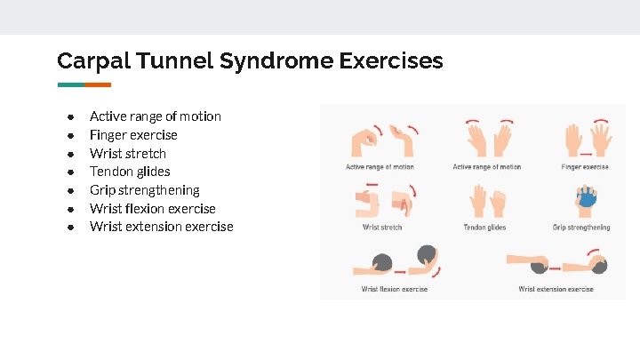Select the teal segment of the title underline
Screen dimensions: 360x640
tap(70, 85)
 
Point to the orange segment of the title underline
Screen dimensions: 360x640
tap(98, 85)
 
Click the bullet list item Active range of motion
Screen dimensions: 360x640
tap(155, 116)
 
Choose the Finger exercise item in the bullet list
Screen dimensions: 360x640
tap(133, 135)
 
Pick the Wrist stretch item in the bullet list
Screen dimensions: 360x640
tap(127, 154)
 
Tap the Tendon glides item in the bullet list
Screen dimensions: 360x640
tap(130, 172)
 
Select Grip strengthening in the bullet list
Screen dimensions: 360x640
tap(144, 190)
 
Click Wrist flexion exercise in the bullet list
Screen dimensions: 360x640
tap(152, 209)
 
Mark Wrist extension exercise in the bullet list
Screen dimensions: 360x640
tap(161, 227)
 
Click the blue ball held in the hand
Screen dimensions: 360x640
tap(588, 201)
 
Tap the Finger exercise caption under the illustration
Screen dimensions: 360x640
tap(585, 167)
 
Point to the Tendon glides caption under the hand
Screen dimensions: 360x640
tap(484, 228)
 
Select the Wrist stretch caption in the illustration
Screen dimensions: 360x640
tap(382, 228)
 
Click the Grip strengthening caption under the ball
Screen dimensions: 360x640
tap(581, 228)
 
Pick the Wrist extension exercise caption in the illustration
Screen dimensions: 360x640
tap(556, 289)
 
